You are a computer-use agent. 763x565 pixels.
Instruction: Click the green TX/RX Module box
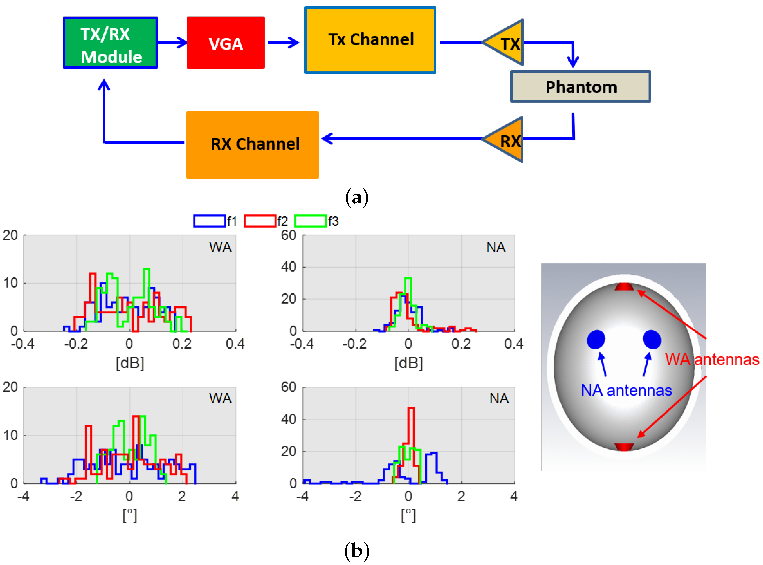point(110,43)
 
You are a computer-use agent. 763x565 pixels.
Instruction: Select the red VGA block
point(225,43)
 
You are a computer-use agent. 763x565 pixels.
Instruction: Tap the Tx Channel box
point(370,40)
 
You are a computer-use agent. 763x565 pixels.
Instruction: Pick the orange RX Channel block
point(252,145)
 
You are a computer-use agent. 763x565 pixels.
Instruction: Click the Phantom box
point(580,86)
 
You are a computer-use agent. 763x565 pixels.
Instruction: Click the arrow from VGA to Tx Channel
point(283,43)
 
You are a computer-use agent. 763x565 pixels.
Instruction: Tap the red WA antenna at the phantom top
point(624,287)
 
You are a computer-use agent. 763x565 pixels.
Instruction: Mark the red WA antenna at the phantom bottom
point(624,447)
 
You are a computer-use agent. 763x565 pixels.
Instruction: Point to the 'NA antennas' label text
point(626,390)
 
